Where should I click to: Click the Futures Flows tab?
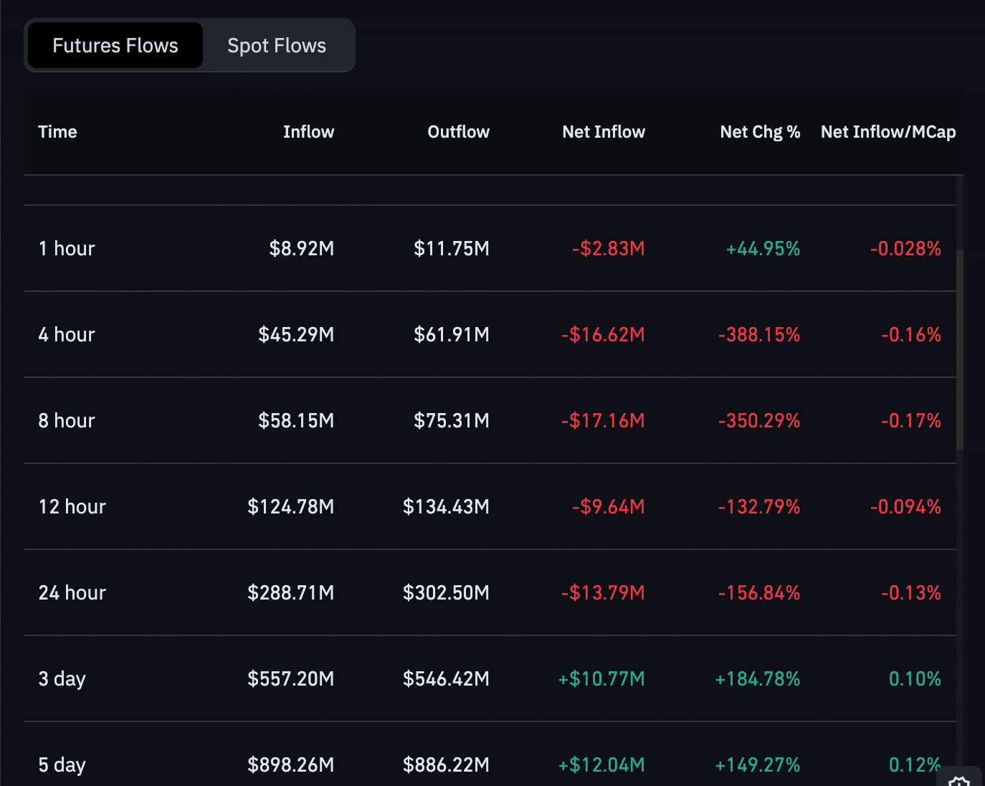(x=115, y=46)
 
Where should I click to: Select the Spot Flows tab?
(x=277, y=46)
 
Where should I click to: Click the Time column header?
(x=57, y=132)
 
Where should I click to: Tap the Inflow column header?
(x=308, y=132)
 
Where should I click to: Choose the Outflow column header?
(x=458, y=132)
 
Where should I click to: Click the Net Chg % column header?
(x=759, y=132)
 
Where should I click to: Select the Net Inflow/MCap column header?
(x=888, y=132)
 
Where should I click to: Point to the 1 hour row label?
(x=67, y=249)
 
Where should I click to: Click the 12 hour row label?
(x=72, y=507)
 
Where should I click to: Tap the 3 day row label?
(x=62, y=679)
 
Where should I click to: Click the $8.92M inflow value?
(x=301, y=249)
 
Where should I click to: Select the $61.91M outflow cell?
(x=451, y=335)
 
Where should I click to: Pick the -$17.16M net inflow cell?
(x=603, y=421)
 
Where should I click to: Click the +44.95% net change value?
(x=763, y=249)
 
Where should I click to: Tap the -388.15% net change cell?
(x=758, y=335)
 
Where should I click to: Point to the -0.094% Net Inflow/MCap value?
(x=905, y=507)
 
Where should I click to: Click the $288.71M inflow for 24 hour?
(x=290, y=593)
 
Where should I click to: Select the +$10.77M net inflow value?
(x=601, y=679)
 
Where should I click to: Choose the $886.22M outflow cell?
(x=446, y=765)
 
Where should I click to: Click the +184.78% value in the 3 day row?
(x=757, y=679)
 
